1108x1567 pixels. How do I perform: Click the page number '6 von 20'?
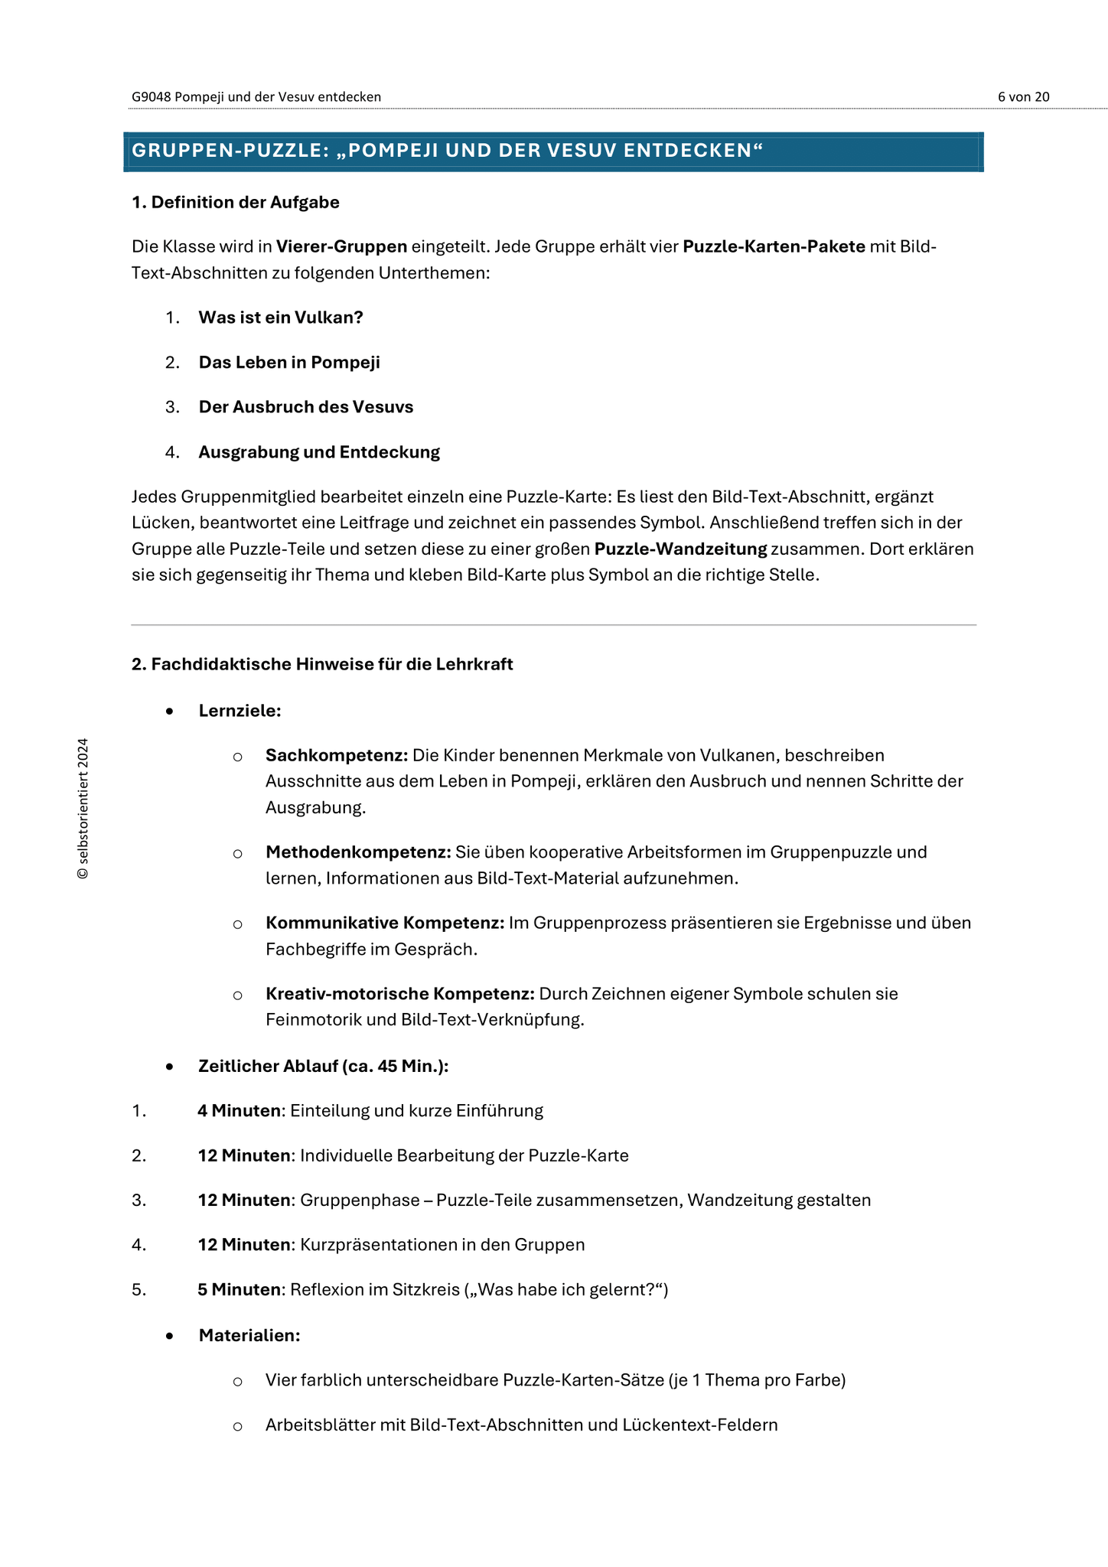coord(1023,96)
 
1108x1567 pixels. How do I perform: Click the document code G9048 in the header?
coord(151,96)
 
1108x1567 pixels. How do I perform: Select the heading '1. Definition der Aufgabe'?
coord(236,203)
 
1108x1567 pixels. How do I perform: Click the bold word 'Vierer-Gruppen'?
coord(341,246)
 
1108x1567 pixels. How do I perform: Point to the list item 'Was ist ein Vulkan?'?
coord(281,318)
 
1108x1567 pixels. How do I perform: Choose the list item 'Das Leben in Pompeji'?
coord(289,363)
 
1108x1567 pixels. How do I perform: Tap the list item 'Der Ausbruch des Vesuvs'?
coord(306,407)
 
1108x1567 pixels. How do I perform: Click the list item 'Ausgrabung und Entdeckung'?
coord(319,452)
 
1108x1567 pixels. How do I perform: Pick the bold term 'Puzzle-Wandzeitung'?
coord(680,549)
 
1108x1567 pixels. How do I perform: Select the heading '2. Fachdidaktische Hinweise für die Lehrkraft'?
coord(322,664)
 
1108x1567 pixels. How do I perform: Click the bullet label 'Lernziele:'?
coord(240,711)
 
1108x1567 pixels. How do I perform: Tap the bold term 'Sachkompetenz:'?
coord(337,755)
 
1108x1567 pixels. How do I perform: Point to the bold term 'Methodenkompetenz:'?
coord(358,852)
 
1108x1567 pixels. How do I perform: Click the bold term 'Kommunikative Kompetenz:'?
coord(385,923)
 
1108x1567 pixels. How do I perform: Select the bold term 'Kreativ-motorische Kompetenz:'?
coord(399,994)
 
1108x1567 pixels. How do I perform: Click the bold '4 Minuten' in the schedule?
coord(239,1111)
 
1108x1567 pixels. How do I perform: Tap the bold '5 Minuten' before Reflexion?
coord(239,1290)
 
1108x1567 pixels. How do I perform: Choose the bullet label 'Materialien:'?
coord(249,1336)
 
